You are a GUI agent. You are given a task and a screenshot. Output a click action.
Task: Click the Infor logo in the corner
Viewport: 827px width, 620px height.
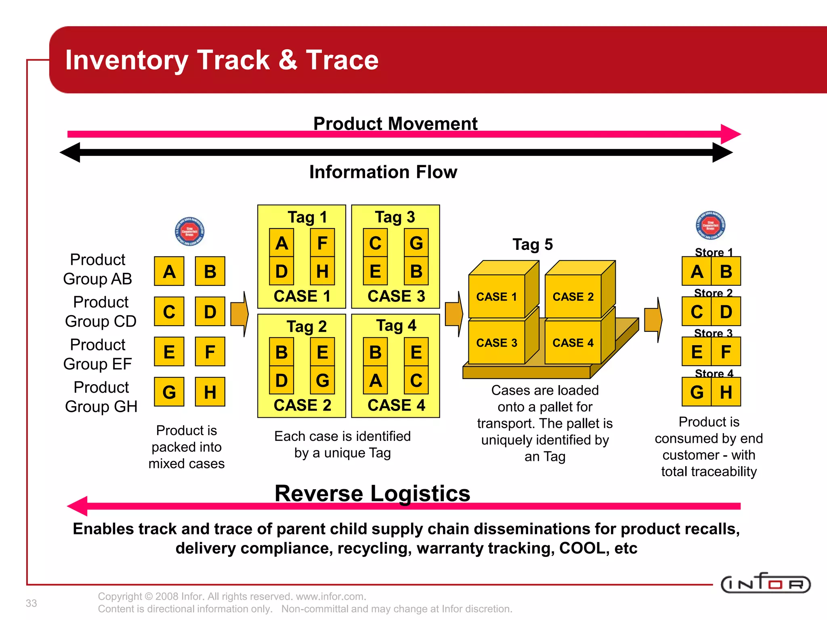click(x=765, y=584)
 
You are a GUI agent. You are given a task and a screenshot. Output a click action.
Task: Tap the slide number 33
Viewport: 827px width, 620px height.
click(x=31, y=603)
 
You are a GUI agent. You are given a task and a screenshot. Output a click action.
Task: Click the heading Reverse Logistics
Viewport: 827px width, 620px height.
click(x=372, y=493)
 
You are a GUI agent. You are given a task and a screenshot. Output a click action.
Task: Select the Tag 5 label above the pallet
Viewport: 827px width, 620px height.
click(x=533, y=245)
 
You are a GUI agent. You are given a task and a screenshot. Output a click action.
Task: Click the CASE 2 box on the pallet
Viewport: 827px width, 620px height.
click(x=573, y=297)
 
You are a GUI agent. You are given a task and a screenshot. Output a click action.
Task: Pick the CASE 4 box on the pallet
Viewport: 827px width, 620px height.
click(x=573, y=343)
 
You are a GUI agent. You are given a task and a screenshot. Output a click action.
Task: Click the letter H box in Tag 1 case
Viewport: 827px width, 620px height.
click(x=322, y=271)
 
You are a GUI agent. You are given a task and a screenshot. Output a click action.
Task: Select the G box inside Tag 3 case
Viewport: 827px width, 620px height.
click(x=416, y=243)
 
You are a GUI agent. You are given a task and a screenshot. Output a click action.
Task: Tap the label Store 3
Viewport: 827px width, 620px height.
click(x=713, y=333)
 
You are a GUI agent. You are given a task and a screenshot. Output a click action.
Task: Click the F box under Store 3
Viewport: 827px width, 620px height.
click(x=726, y=352)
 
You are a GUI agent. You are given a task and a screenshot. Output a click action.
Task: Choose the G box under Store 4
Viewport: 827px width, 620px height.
click(x=697, y=392)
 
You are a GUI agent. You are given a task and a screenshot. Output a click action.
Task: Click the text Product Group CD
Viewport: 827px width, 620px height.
click(x=101, y=312)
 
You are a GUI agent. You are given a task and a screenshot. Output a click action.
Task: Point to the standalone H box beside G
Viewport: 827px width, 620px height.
click(x=210, y=392)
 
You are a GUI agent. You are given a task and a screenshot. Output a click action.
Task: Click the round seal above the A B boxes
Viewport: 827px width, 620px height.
click(x=189, y=232)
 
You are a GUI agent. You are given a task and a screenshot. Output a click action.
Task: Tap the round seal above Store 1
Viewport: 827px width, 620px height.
click(x=710, y=225)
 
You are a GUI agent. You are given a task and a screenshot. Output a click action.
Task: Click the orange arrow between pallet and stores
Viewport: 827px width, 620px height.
click(x=653, y=320)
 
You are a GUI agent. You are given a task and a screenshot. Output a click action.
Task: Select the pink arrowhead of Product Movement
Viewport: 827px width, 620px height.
click(x=730, y=134)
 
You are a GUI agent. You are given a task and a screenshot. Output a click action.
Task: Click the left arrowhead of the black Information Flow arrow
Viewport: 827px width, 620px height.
click(x=71, y=153)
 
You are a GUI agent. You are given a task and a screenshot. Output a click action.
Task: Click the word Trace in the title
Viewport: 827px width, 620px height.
click(x=342, y=60)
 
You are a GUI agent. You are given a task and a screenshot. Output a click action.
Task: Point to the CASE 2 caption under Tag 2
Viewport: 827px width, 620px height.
click(x=302, y=405)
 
